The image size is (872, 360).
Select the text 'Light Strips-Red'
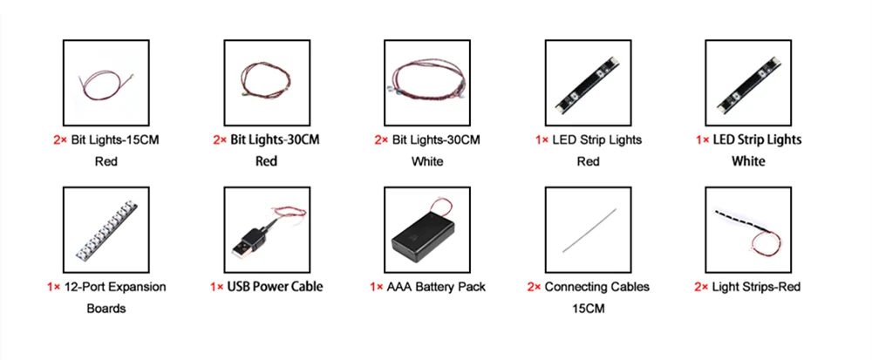tap(756, 287)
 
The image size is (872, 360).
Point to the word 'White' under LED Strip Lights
tap(748, 161)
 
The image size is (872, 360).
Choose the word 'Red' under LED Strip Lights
tap(588, 161)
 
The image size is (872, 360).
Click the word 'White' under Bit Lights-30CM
tap(427, 161)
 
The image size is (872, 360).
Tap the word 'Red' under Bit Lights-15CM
tap(106, 161)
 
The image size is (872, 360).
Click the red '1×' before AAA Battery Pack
tap(377, 287)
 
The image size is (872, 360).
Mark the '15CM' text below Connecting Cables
tap(588, 308)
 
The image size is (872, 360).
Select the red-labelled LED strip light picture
tap(587, 82)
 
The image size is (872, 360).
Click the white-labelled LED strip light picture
tap(747, 82)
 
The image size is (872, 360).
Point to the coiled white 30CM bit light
tap(426, 81)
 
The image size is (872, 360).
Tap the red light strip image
tap(747, 228)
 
